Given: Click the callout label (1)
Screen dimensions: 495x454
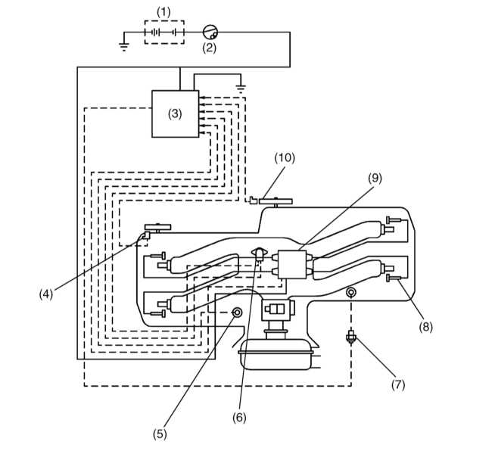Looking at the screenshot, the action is [x=163, y=12].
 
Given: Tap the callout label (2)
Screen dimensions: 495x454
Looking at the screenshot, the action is [x=210, y=48].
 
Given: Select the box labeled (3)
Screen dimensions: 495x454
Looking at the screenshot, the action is [x=175, y=114].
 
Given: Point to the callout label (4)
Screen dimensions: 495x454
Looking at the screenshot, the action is [x=46, y=294].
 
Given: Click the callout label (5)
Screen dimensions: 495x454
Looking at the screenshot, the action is [x=160, y=434].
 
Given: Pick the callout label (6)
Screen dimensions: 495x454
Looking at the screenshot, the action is [x=239, y=418].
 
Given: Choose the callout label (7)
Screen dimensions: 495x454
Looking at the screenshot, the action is [x=398, y=384].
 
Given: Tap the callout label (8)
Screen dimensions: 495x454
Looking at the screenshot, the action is [x=425, y=327].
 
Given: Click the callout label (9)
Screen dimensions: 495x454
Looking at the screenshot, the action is [x=375, y=178].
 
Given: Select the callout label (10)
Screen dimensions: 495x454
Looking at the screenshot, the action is [x=285, y=157].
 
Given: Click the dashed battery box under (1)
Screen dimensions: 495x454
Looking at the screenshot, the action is [x=164, y=33].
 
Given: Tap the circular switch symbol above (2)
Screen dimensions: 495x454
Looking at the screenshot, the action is [x=210, y=32].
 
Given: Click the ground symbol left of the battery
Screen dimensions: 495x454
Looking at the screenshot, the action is [x=124, y=47].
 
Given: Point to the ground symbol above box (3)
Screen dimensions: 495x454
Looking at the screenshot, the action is [x=241, y=89].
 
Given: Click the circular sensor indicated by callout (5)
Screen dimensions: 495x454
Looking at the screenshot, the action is [x=237, y=313].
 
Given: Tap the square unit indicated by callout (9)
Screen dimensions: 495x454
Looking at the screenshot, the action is [x=292, y=264].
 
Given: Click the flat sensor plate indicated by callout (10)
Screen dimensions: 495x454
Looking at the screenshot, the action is [x=276, y=201].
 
